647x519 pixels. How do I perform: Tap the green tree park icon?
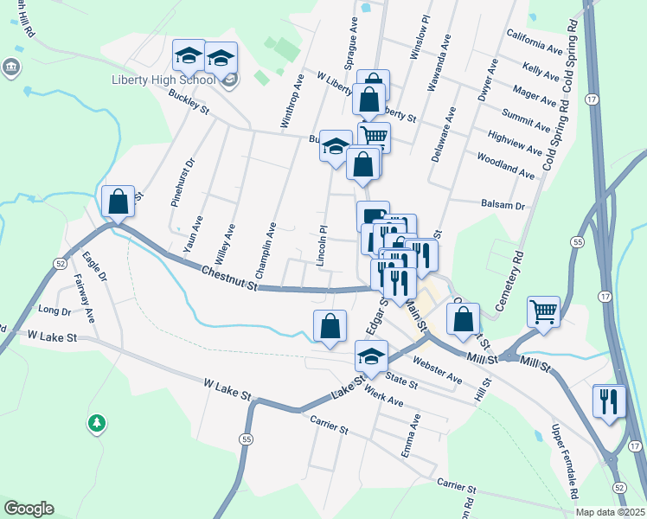tap(98, 423)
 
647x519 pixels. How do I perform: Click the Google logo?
tap(29, 509)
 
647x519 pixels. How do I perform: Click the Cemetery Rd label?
tap(511, 281)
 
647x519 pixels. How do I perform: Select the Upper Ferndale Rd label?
tap(562, 462)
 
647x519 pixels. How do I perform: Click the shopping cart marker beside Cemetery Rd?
tap(543, 312)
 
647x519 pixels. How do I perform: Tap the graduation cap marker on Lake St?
tap(370, 356)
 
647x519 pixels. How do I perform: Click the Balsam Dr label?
tap(503, 206)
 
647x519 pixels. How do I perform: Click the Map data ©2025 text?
tap(609, 512)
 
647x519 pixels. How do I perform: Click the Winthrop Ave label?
tap(291, 100)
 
